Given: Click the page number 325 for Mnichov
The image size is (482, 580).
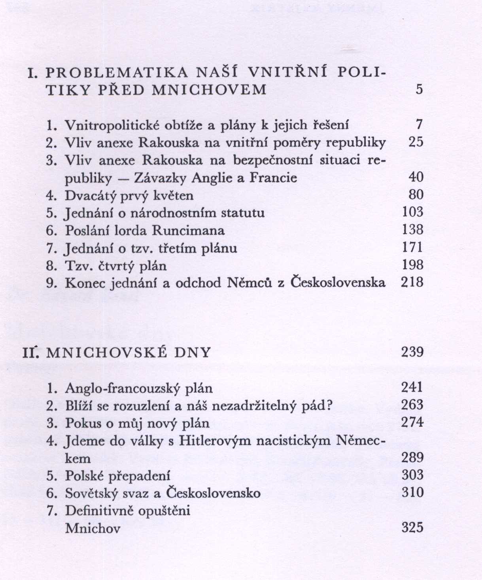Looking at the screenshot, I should tap(412, 527).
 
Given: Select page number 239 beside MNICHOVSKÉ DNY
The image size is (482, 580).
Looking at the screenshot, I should tap(412, 352).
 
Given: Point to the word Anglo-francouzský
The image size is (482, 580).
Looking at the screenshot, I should tap(119, 388).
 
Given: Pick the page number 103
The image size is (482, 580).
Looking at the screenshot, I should tap(412, 212).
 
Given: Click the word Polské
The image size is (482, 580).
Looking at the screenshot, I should tap(83, 476).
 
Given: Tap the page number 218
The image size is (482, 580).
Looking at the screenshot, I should tap(412, 283).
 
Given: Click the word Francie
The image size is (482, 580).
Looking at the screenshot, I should tap(273, 178).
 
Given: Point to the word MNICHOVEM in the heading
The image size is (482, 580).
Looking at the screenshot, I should tap(210, 90).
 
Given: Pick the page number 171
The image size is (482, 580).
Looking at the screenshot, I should tap(412, 248).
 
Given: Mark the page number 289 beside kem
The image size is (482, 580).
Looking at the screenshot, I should tap(412, 458).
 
